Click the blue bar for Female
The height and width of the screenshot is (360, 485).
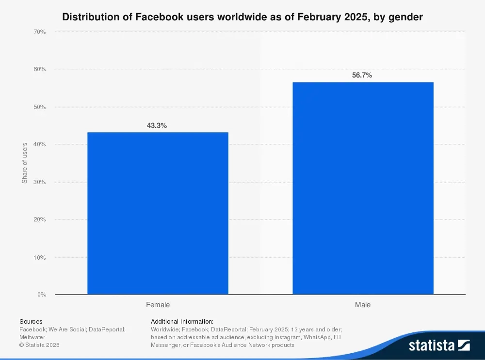pyautogui.click(x=158, y=213)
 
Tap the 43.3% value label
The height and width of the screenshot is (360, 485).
pyautogui.click(x=157, y=125)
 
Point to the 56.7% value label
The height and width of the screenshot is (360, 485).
pyautogui.click(x=362, y=75)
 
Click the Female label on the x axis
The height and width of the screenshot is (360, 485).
pyautogui.click(x=158, y=305)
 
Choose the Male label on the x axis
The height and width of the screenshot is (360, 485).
pyautogui.click(x=363, y=305)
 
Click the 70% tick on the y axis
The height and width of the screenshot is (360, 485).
pyautogui.click(x=39, y=32)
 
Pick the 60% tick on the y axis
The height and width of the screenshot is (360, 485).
pyautogui.click(x=39, y=69)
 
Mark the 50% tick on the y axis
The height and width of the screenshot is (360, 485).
pyautogui.click(x=39, y=107)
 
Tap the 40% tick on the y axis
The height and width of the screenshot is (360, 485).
pyautogui.click(x=39, y=144)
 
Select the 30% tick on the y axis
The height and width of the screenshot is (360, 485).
pyautogui.click(x=39, y=182)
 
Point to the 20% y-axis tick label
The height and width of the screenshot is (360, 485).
pyautogui.click(x=39, y=219)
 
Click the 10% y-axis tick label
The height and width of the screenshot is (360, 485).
pyautogui.click(x=39, y=257)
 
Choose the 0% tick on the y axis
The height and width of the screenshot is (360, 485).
pyautogui.click(x=41, y=295)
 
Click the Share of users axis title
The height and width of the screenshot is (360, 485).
pyautogui.click(x=25, y=163)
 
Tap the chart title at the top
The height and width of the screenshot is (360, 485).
pyautogui.click(x=242, y=17)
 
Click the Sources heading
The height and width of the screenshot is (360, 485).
pyautogui.click(x=31, y=321)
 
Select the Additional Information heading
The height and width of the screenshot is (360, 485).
pyautogui.click(x=182, y=321)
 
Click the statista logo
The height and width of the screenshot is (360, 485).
pyautogui.click(x=439, y=345)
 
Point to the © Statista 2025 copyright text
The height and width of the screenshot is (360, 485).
pyautogui.click(x=39, y=345)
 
